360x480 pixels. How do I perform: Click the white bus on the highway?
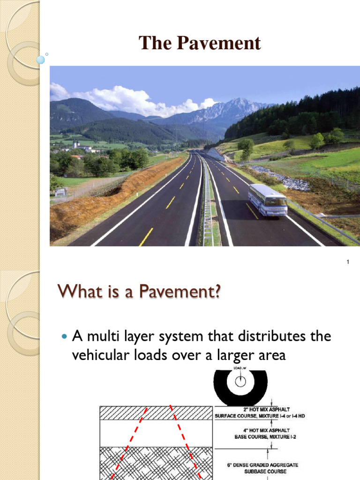coord(268,200)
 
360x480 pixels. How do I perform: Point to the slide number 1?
coord(348,262)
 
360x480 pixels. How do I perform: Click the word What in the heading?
coord(78,294)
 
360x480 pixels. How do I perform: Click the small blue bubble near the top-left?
coord(41,60)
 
